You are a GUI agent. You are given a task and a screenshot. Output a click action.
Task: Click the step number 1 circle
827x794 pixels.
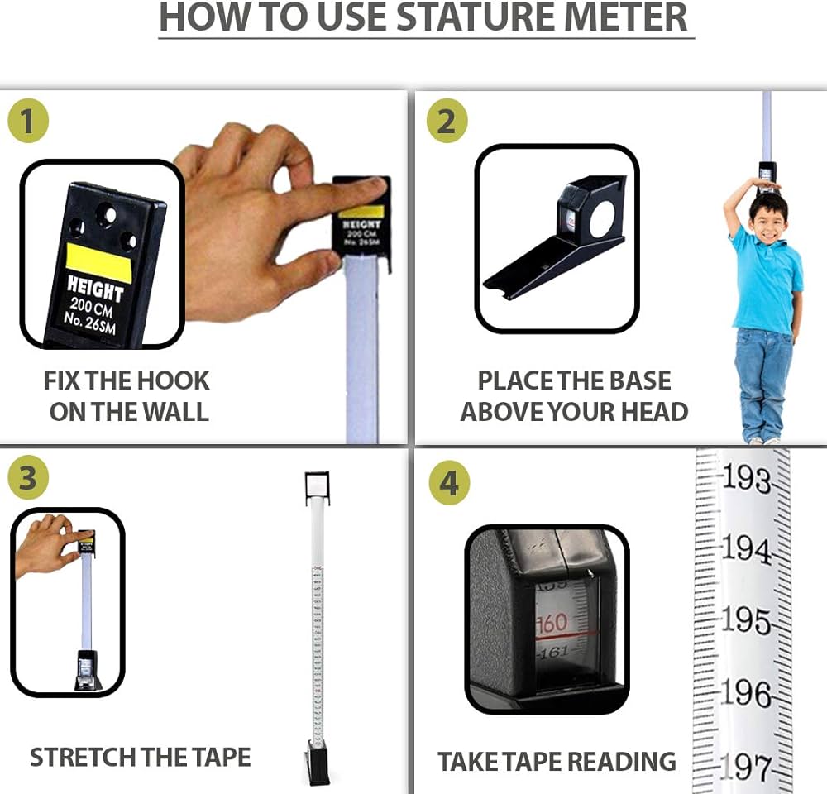click(x=28, y=121)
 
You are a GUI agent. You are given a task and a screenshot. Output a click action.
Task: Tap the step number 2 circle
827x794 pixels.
click(x=446, y=122)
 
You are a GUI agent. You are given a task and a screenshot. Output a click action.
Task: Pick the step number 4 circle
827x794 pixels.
click(x=448, y=483)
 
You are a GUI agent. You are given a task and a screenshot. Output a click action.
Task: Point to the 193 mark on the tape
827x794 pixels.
click(x=746, y=480)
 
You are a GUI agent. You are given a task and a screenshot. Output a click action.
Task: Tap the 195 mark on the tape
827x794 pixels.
click(x=746, y=620)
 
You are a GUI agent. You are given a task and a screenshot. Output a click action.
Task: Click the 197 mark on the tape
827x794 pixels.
click(x=746, y=768)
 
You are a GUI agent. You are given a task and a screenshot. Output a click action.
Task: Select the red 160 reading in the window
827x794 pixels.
click(x=552, y=623)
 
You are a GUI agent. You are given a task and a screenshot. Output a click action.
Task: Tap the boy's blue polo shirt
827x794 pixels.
click(x=767, y=281)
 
